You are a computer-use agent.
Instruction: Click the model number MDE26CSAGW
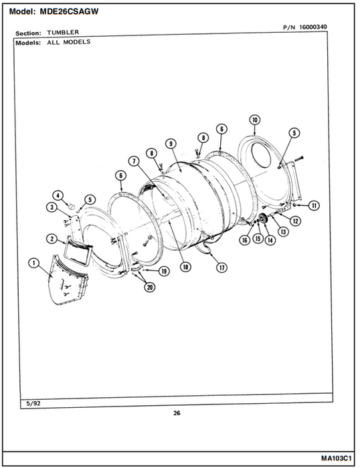coord(69,11)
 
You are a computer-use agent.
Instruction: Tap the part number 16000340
coord(313,27)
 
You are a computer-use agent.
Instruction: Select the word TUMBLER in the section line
coord(63,32)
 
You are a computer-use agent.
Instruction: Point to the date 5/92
coord(33,404)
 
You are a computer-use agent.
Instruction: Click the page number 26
coord(177,413)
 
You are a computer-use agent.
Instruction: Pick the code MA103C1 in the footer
coord(337,458)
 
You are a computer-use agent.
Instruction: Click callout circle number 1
coord(33,263)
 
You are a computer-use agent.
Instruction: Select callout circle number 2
coord(52,239)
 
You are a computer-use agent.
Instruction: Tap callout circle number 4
coord(58,195)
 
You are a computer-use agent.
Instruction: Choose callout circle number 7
coord(134,162)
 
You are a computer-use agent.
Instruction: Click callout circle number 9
coord(171,144)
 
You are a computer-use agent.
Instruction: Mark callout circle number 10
coord(254,120)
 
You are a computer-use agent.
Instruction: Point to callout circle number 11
coord(314,205)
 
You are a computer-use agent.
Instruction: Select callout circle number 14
coord(270,239)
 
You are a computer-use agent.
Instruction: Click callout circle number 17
coord(221,267)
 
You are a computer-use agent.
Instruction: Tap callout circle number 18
coord(185,267)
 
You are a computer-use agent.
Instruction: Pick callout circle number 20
coord(150,287)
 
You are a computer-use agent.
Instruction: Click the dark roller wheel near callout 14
coord(263,219)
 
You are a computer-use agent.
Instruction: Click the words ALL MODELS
coord(68,41)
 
